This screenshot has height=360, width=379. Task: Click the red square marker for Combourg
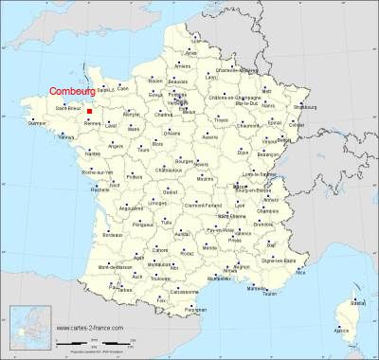[89, 111]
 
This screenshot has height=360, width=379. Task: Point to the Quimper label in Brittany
[37, 123]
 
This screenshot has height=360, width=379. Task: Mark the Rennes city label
[92, 124]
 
